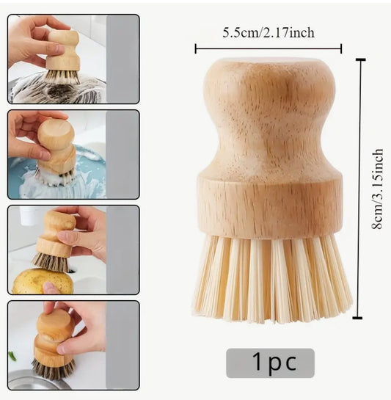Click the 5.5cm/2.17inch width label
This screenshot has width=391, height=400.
point(268,33)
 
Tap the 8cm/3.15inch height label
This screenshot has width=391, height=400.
point(377,189)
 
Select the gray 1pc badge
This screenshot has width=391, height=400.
point(271,363)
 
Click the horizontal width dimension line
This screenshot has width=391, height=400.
point(268,48)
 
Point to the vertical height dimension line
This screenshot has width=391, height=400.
point(360,189)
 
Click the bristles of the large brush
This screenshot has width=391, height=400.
point(272,278)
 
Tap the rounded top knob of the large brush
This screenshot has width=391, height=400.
point(269,84)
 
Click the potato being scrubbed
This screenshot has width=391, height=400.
point(43,281)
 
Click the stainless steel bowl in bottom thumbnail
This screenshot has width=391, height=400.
point(36,380)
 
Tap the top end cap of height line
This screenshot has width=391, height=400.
point(360,59)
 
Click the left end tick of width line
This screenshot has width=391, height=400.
point(196,48)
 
